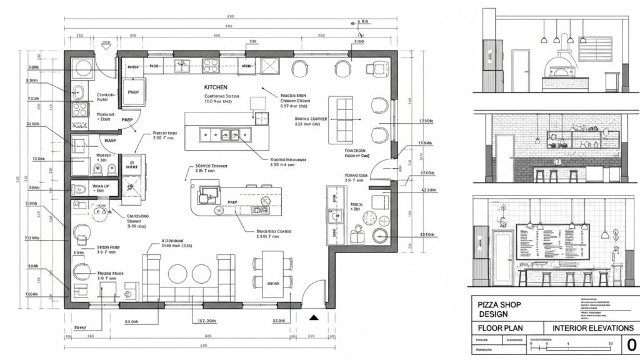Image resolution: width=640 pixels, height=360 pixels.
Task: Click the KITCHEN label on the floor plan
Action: click(216, 87)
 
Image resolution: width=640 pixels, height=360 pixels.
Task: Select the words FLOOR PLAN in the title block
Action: click(500, 328)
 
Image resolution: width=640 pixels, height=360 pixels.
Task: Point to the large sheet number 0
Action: click(631, 344)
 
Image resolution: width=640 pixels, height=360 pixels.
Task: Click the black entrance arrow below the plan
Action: click(314, 317)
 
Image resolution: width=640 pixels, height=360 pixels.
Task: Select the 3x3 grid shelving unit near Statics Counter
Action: click(345, 118)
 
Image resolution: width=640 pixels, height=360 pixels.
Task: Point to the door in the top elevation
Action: click(520, 71)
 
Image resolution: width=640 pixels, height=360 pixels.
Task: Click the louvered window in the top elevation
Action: click(596, 49)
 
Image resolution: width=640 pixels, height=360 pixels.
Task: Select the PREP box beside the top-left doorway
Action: click(132, 91)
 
